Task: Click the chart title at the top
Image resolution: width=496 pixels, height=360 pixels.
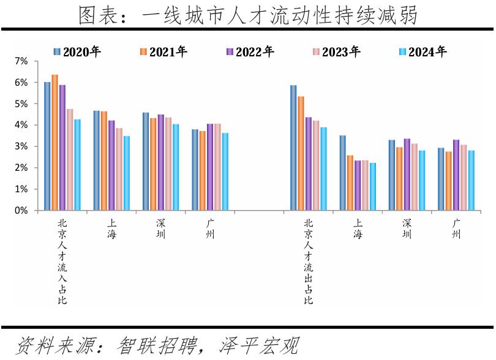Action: coord(248,15)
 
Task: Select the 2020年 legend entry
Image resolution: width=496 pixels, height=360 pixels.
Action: coord(77,52)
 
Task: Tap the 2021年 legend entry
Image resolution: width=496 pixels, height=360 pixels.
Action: coord(163,52)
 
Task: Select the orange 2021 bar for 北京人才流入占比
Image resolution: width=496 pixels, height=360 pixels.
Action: coord(55,142)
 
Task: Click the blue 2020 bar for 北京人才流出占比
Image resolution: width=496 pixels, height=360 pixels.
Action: coord(293,148)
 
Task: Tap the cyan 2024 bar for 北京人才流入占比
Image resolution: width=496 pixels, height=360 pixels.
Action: coord(77,165)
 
